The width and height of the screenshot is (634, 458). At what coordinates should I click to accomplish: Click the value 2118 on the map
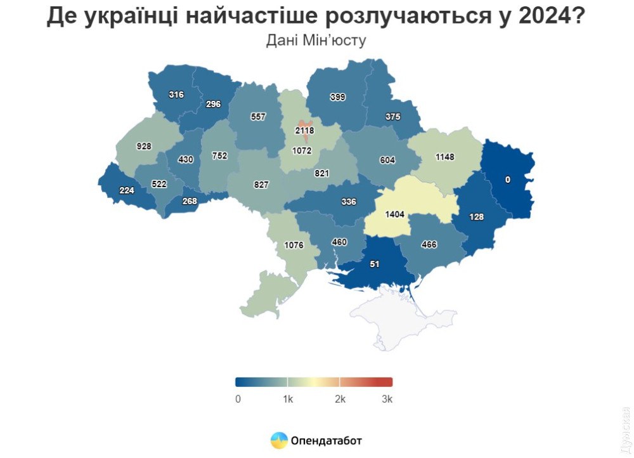tap(304, 131)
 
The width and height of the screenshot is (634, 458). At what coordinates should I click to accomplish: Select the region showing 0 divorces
tap(507, 180)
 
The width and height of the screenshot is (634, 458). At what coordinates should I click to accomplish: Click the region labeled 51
tap(375, 264)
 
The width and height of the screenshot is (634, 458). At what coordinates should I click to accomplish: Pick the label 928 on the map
tap(145, 147)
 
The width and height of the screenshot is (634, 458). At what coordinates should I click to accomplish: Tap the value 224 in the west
tap(127, 189)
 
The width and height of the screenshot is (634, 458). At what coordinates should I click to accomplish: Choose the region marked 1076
tap(294, 245)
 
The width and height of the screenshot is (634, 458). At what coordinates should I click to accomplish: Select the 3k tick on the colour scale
tap(387, 399)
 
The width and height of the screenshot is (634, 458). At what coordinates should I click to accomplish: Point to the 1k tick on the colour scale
tap(287, 399)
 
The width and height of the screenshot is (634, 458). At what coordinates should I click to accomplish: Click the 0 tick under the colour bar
tap(238, 399)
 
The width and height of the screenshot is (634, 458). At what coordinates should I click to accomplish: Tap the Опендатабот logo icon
tap(279, 440)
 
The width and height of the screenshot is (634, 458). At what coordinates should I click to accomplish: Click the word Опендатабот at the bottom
tap(327, 440)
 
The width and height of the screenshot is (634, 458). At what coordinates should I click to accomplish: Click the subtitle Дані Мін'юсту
tap(316, 40)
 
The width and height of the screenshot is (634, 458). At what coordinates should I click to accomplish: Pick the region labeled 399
tap(338, 97)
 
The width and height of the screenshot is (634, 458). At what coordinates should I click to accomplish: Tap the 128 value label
tap(476, 217)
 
